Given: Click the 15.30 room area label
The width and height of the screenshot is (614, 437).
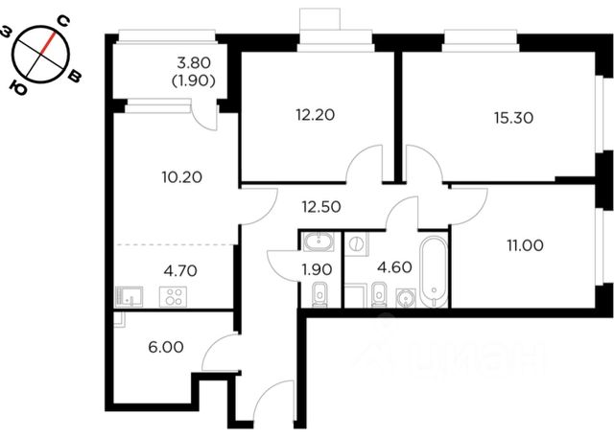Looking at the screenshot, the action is pos(513,118).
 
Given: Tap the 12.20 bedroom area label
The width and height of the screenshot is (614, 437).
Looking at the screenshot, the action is pos(316,115).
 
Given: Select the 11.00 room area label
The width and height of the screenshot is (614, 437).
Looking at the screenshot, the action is pos(525,245).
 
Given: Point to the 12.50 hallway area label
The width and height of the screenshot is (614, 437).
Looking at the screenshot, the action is pos(321,207).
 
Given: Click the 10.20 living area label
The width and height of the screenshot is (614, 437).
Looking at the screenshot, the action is pos(181,177).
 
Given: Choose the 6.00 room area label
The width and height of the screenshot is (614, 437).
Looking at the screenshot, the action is pos(166,347).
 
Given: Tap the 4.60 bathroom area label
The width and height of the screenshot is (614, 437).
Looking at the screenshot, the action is pos(394,267).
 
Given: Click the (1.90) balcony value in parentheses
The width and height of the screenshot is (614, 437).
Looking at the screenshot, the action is pos(194,81).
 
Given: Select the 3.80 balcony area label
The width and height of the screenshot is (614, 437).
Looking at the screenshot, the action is pos(194,62).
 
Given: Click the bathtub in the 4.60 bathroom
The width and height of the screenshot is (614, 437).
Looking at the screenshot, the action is pos(433,270).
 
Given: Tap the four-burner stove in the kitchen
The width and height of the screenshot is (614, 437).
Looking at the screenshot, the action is pos(173,296).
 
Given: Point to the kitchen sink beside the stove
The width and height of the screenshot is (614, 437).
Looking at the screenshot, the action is pos(129,296).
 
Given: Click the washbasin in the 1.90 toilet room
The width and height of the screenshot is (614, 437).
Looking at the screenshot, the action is pos(319,241).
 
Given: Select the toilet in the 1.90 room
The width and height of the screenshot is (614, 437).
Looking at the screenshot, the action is pos(320,296).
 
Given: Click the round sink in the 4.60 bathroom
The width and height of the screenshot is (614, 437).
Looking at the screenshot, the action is pos(405,298).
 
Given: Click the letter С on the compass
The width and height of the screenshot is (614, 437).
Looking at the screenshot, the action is pos(64,21).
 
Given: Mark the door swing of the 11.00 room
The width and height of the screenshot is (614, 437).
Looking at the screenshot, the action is pos(469,206).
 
